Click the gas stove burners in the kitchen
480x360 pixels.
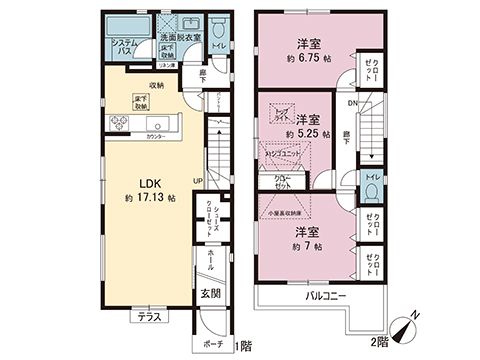[x=115, y=122]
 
